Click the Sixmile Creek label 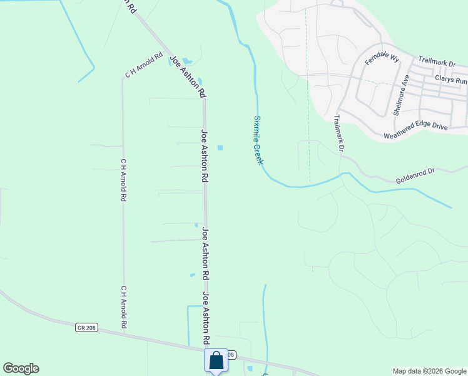point(258,140)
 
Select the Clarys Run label point(450,81)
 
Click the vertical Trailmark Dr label point(338,133)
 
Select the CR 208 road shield point(88,327)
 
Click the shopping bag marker point(216,360)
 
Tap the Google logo point(21,368)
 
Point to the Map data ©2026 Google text point(429,371)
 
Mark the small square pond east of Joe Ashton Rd point(220,148)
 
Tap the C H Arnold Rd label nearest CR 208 point(124,308)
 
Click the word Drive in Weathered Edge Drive point(437,127)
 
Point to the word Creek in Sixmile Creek point(259,154)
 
